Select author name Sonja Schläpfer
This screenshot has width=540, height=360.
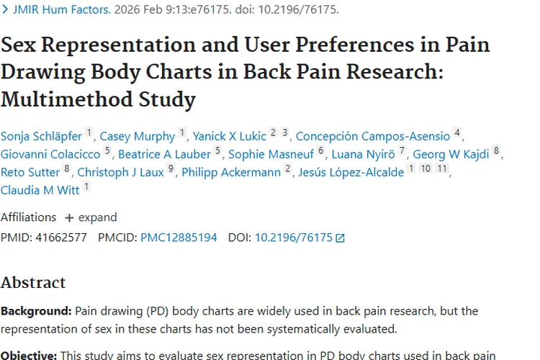(41, 136)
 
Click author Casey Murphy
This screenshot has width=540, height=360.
(137, 136)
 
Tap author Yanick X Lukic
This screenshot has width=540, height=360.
(230, 136)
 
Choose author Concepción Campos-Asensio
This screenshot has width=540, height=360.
(373, 136)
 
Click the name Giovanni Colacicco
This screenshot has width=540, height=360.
(51, 154)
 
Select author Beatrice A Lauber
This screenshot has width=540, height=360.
(164, 154)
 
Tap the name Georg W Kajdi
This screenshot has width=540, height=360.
(451, 154)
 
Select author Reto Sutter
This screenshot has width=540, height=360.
(30, 172)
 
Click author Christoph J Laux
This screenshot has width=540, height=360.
(121, 172)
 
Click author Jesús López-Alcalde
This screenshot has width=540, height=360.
(351, 172)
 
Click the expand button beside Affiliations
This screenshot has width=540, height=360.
(91, 217)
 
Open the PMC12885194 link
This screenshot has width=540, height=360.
(179, 237)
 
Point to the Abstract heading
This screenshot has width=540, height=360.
(33, 282)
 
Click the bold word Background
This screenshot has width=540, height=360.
(35, 311)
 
